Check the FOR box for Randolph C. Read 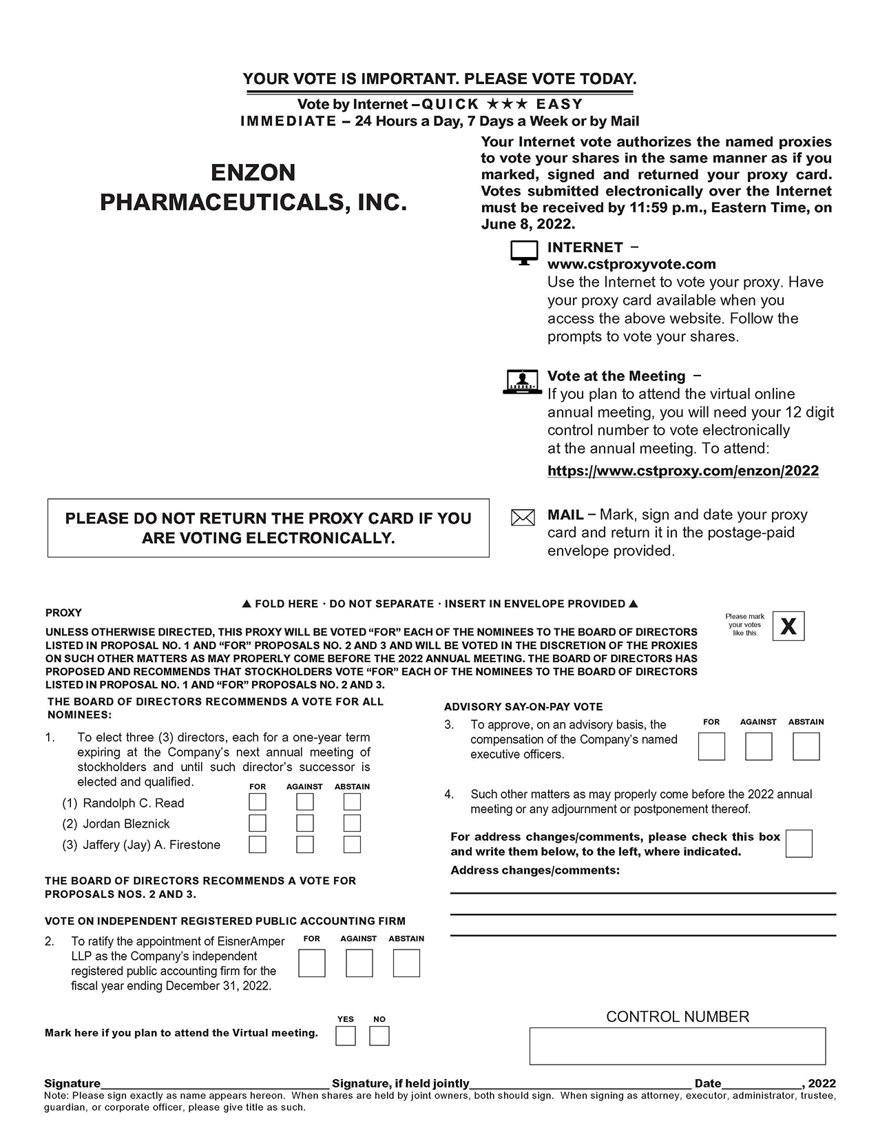[258, 802]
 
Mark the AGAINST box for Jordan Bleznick [305, 823]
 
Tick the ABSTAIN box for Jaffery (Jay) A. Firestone [352, 844]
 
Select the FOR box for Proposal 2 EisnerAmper [312, 963]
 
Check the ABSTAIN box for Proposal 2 [406, 963]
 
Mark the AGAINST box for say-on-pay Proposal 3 [759, 746]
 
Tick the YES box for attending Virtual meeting [346, 1036]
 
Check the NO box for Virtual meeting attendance [379, 1036]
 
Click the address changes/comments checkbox [799, 843]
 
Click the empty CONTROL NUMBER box [678, 1046]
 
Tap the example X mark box [788, 626]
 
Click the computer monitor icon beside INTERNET [524, 253]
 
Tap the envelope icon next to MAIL [523, 518]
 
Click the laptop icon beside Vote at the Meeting [523, 382]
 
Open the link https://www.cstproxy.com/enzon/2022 [683, 471]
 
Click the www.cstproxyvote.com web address [631, 264]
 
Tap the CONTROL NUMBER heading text [678, 1016]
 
